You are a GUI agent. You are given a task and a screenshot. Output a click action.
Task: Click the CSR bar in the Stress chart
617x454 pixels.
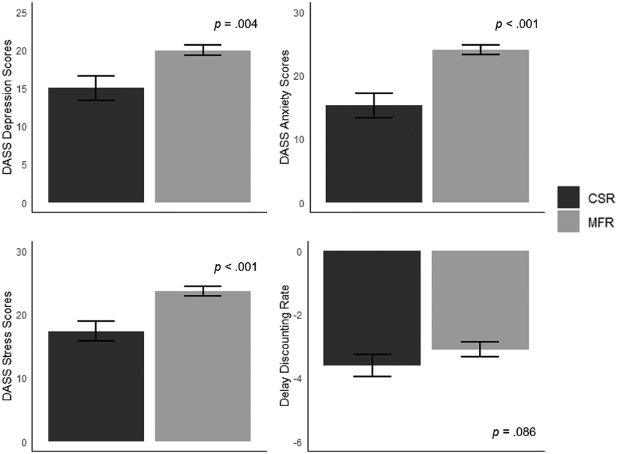point(96,386)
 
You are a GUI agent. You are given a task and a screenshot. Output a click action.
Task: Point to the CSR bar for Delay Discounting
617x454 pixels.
point(372,308)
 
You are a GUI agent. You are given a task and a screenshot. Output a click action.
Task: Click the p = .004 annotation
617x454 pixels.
point(235,26)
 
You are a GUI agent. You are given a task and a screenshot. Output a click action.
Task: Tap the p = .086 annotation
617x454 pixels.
point(514,433)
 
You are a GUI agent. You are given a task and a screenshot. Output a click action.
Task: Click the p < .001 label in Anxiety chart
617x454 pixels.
point(516,26)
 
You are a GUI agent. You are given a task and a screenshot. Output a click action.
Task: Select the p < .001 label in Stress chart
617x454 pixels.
point(235,267)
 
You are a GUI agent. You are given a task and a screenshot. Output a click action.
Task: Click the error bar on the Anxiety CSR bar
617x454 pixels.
point(373,106)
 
